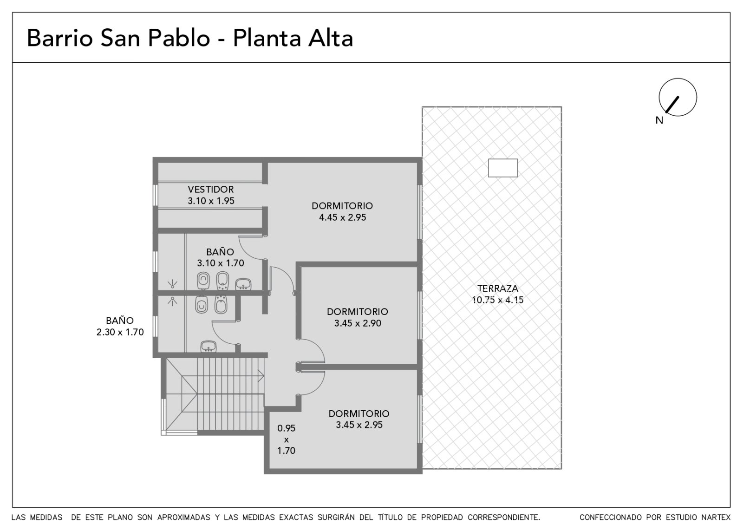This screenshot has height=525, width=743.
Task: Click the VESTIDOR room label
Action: click(211, 190)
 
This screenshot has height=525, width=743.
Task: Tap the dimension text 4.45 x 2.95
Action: click(342, 217)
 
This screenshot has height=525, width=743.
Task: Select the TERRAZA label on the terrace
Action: click(497, 289)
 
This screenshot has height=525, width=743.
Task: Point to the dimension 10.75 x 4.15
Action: click(497, 300)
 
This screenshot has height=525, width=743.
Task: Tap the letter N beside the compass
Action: click(659, 120)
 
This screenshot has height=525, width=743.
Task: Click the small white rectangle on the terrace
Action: click(503, 168)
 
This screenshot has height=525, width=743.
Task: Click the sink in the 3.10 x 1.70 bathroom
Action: click(243, 284)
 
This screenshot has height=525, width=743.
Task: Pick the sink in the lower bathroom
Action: click(209, 347)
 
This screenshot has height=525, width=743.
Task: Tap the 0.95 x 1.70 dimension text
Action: click(286, 440)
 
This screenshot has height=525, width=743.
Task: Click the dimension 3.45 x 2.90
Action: click(358, 323)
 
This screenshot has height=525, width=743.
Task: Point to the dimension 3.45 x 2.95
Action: click(359, 425)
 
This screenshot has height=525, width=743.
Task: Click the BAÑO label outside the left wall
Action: click(120, 321)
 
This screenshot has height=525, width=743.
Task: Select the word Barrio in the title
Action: click(60, 38)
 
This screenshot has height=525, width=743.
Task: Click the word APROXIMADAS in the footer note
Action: click(183, 518)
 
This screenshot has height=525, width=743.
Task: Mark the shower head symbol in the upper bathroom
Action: click(172, 284)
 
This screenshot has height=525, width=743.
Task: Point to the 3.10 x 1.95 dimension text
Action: click(211, 201)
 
